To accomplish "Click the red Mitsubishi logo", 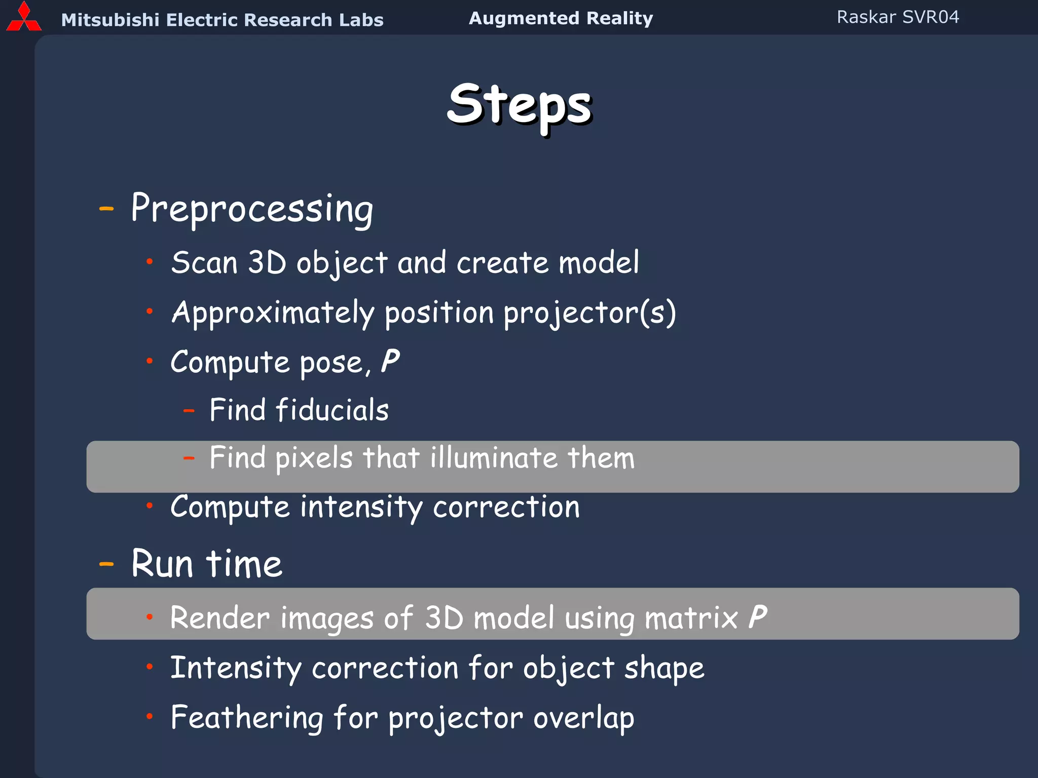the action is (x=23, y=18).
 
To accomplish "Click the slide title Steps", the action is (x=520, y=105).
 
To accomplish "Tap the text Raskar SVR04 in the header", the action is (x=898, y=17).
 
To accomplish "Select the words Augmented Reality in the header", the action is (x=561, y=18).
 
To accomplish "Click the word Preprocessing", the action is (x=252, y=209).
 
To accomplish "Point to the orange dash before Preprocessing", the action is (x=106, y=208).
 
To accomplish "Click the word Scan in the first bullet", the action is (x=204, y=263).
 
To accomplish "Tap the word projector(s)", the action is (x=589, y=313).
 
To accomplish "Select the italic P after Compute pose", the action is (x=390, y=362).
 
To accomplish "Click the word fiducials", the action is (x=332, y=410).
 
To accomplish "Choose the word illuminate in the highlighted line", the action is (x=494, y=458).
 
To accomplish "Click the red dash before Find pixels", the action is (x=189, y=458).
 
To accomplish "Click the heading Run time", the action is (x=207, y=564).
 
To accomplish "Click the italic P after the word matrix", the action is (x=758, y=617).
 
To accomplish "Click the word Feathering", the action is (x=247, y=718).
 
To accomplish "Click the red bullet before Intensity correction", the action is (x=150, y=667).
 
